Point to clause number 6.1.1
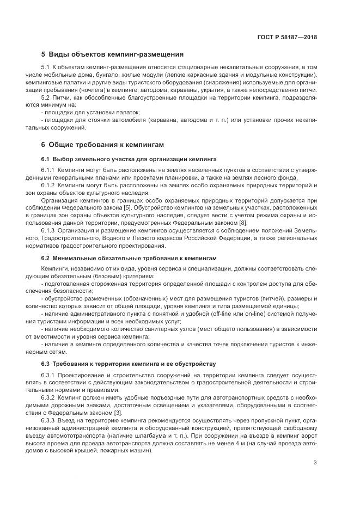(48, 170)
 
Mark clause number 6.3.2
(48, 397)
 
